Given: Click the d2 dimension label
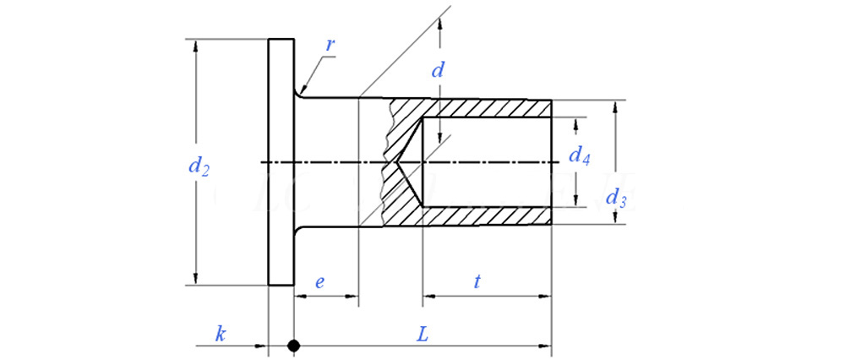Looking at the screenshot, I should [198, 167].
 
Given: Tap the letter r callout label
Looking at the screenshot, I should [329, 43].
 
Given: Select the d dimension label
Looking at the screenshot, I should [437, 71].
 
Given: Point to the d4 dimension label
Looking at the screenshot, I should [579, 155].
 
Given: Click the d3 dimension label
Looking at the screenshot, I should [617, 200].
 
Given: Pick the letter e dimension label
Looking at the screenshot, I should [319, 283].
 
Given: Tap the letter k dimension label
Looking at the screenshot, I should [220, 334].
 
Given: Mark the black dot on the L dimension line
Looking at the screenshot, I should [293, 346].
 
